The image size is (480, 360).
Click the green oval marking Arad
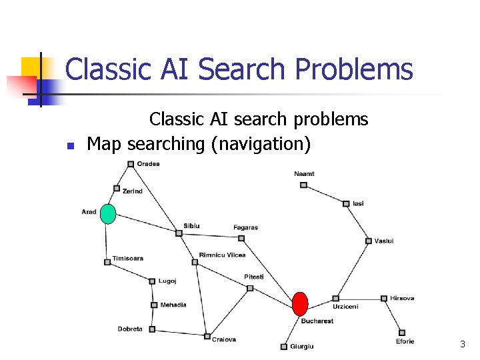pos(107,214)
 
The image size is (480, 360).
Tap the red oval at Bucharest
pos(301,304)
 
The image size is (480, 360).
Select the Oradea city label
pos(148,164)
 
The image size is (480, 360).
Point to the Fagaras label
pos(245,227)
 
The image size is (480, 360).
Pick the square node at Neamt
pos(303,185)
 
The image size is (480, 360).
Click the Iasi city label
pos(358,203)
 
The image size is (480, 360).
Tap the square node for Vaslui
pos(368,241)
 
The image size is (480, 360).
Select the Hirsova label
pos(402,298)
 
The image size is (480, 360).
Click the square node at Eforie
pos(401,332)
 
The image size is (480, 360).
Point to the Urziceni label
pos(345,307)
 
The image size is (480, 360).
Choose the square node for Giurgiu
pos(283,346)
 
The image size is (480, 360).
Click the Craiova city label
pos(224,339)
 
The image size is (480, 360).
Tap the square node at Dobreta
pos(152,329)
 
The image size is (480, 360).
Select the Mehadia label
pos(173,305)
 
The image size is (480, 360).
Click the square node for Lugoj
pos(152,281)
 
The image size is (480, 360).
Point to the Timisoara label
pos(127,258)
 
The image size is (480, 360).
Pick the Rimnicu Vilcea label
pos(222,255)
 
